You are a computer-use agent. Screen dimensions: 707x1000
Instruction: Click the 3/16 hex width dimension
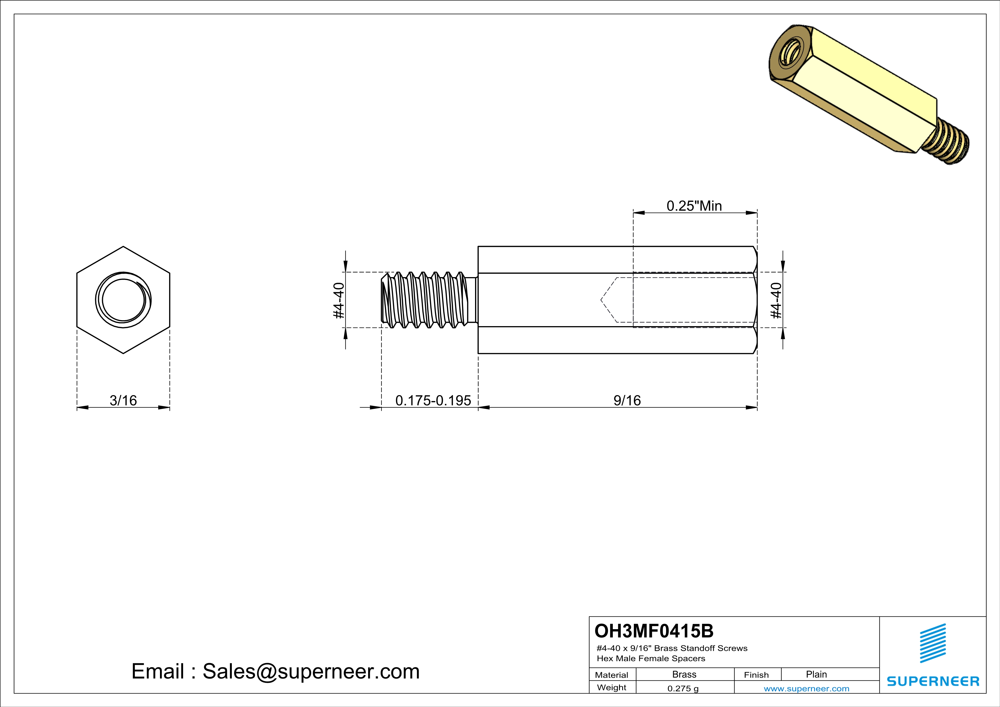[123, 400]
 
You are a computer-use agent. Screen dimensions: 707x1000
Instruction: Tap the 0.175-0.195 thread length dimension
[433, 400]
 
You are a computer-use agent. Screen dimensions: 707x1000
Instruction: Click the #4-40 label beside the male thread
[339, 300]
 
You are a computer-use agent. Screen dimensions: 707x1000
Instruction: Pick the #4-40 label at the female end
[776, 300]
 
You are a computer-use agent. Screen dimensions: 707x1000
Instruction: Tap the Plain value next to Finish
[816, 674]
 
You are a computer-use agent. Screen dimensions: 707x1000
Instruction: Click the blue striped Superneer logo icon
[932, 643]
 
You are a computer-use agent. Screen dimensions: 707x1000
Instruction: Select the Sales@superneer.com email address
[311, 671]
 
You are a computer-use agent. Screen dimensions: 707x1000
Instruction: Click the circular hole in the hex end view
[123, 300]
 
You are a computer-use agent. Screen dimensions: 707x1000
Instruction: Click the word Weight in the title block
[612, 687]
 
